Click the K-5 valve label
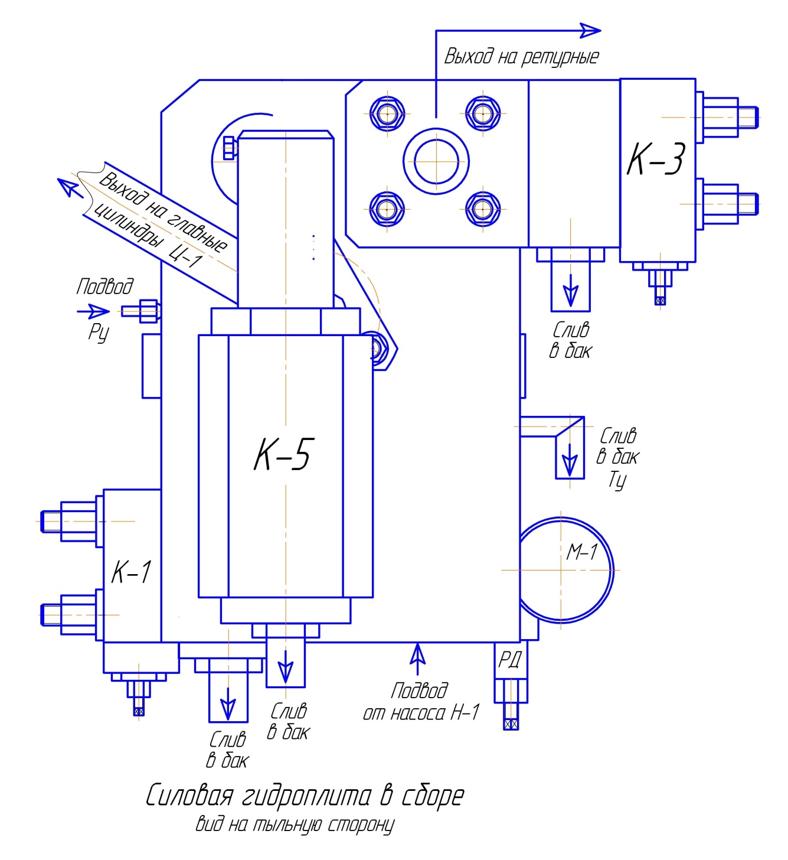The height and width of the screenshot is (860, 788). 284,454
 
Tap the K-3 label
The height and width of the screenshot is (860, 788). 656,159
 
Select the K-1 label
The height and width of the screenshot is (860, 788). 132,572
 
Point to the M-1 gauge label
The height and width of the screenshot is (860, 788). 582,552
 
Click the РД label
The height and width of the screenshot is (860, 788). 509,659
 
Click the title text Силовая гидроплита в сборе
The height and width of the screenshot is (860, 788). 305,796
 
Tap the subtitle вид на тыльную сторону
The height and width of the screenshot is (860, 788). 295,825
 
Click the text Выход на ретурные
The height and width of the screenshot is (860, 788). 521,57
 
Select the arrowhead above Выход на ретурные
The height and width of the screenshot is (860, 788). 590,31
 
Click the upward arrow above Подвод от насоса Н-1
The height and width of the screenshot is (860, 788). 417,657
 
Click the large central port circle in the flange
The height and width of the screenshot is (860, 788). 436,161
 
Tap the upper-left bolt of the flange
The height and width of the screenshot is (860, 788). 387,113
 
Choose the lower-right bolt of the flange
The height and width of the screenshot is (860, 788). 483,209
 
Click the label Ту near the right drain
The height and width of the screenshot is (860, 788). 617,480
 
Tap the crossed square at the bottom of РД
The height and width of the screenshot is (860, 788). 511,724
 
